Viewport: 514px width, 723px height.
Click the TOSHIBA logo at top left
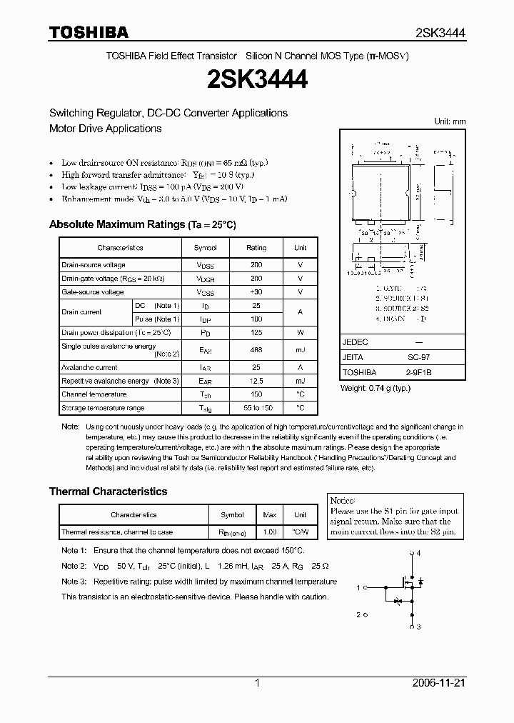89,33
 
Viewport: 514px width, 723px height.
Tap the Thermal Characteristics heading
108,492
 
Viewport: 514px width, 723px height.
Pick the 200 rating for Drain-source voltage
256,265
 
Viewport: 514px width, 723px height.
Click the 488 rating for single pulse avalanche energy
256,350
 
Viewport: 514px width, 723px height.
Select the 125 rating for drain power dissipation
256,332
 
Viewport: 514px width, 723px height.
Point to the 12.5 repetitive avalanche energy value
256,381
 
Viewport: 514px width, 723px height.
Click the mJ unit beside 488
300,350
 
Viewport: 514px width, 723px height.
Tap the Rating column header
256,248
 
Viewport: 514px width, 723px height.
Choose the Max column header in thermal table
270,514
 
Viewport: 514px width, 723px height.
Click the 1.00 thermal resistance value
270,532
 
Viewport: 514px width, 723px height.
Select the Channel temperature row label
94,394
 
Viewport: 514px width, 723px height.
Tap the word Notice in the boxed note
343,501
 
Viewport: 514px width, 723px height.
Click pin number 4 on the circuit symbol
419,554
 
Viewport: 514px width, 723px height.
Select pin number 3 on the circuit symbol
419,627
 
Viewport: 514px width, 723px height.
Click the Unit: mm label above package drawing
450,121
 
